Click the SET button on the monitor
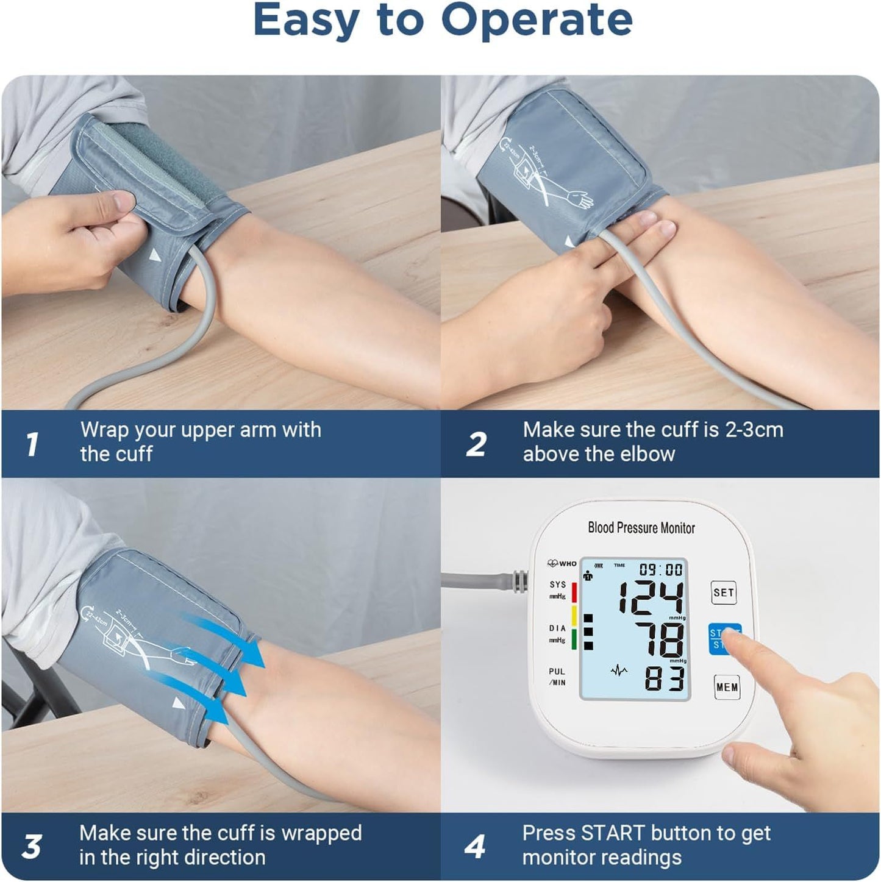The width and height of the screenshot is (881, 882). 724,592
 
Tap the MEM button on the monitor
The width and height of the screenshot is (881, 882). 727,687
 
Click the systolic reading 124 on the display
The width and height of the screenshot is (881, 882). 651,597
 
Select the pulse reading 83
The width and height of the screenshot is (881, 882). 664,678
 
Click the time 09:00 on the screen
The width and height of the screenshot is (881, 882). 660,569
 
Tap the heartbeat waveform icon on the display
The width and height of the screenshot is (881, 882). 619,671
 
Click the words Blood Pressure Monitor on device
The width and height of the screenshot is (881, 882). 641,528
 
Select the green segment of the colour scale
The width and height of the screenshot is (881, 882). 574,641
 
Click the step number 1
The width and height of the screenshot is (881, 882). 32,444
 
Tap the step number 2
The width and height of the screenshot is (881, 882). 476,444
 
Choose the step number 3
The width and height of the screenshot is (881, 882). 32,847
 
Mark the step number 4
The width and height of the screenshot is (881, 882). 474,847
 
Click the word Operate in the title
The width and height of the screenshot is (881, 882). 537,21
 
